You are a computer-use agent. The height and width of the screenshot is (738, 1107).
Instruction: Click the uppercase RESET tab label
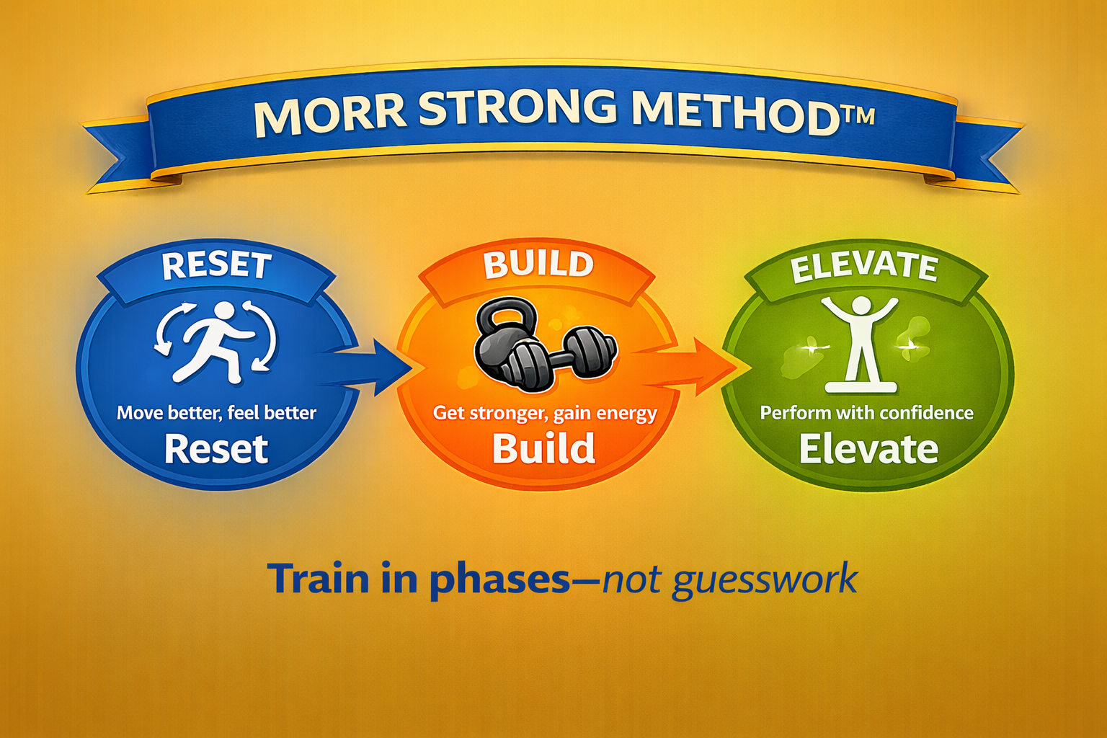tap(216, 265)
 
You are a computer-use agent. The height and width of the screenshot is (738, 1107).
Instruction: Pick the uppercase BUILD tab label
tap(538, 264)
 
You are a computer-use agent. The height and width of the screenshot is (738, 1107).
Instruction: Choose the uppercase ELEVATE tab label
tap(864, 267)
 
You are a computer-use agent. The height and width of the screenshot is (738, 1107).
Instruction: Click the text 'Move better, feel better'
tap(216, 413)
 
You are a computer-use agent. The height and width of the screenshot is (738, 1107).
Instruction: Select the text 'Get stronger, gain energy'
tap(545, 414)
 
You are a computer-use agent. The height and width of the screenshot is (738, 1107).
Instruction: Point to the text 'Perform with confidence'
tap(866, 413)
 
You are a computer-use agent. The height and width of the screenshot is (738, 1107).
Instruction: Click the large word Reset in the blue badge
tap(216, 449)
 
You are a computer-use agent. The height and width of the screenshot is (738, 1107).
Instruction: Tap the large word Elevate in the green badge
tap(868, 449)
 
